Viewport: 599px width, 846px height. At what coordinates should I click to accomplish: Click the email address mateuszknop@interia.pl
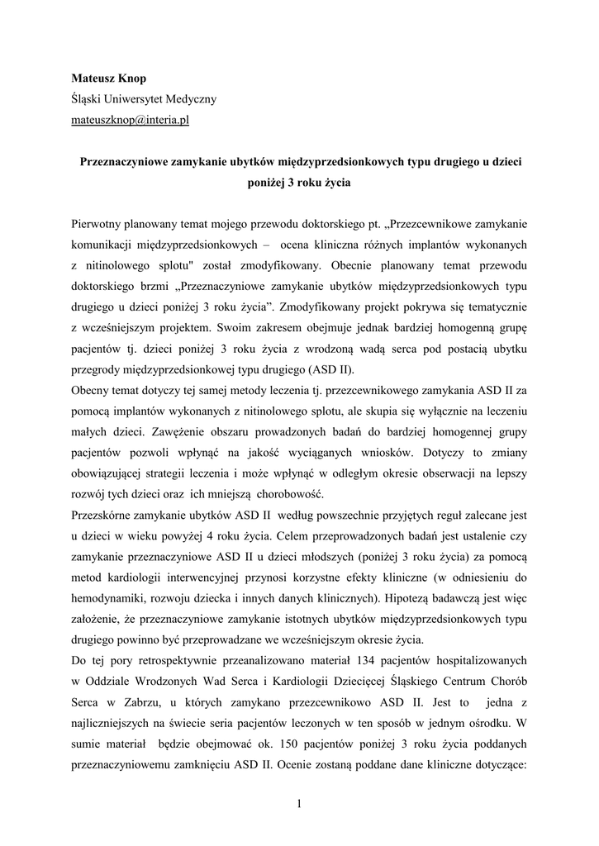point(130,119)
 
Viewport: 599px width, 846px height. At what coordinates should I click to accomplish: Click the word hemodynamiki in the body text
point(110,596)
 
